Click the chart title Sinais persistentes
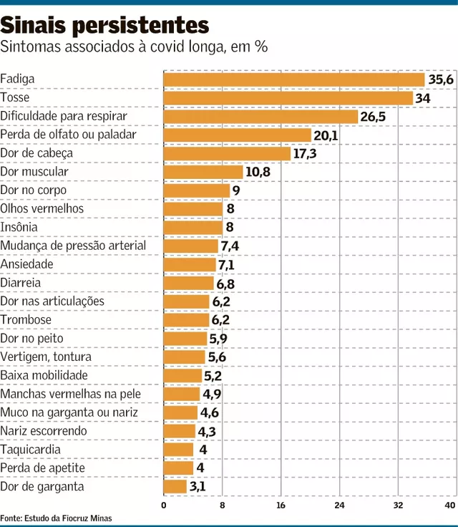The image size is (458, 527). (104, 26)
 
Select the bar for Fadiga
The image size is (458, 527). (294, 79)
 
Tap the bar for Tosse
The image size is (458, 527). (288, 97)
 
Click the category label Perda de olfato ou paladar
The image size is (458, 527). (68, 134)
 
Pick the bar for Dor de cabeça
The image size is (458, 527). (227, 153)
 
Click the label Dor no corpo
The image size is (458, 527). (34, 190)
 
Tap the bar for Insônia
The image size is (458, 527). (193, 227)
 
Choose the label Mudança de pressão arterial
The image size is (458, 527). (73, 246)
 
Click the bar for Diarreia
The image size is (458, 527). (189, 283)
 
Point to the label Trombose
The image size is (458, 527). (26, 319)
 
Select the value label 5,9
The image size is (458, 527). (218, 339)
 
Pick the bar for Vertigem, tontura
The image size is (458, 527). (185, 357)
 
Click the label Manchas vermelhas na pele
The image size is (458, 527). (71, 394)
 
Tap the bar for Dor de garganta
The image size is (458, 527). (175, 487)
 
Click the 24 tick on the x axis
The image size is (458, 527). (339, 506)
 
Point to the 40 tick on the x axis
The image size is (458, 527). (450, 506)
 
